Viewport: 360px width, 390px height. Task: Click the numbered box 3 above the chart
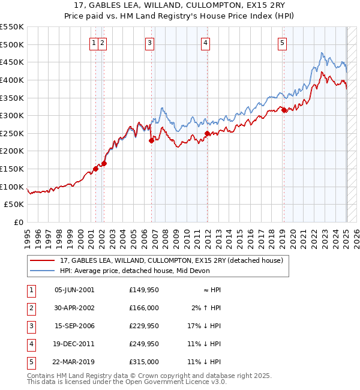149,43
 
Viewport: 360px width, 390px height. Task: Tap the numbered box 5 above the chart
282,43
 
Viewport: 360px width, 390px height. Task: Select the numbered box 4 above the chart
205,43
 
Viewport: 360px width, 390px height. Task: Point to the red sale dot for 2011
207,133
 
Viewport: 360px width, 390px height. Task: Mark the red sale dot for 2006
151,140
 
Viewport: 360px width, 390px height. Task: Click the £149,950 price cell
144,289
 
